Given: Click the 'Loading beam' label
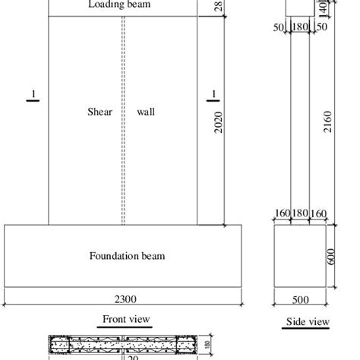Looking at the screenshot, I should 118,5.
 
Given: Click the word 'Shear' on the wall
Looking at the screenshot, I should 101,112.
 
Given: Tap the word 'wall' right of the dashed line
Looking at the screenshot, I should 147,112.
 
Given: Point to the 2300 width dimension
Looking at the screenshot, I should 125,298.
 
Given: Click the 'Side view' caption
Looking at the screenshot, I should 307,322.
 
